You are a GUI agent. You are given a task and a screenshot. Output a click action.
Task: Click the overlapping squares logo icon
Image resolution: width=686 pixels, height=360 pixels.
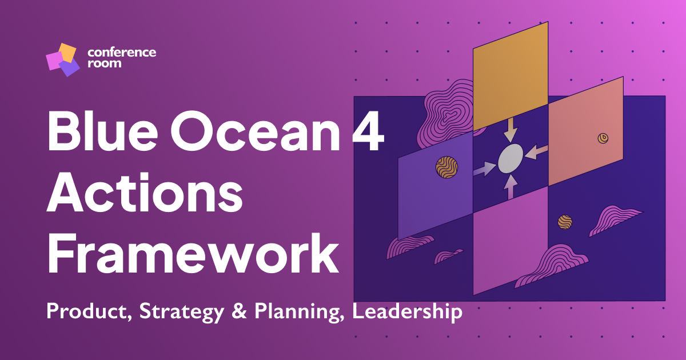point(62,59)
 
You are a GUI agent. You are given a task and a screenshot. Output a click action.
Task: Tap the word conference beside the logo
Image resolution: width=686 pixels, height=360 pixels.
point(121,53)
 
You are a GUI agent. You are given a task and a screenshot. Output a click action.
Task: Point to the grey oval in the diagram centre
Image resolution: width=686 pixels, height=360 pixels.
point(510,158)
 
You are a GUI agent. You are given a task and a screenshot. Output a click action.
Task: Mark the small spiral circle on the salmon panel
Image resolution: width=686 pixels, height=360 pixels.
point(603,138)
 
